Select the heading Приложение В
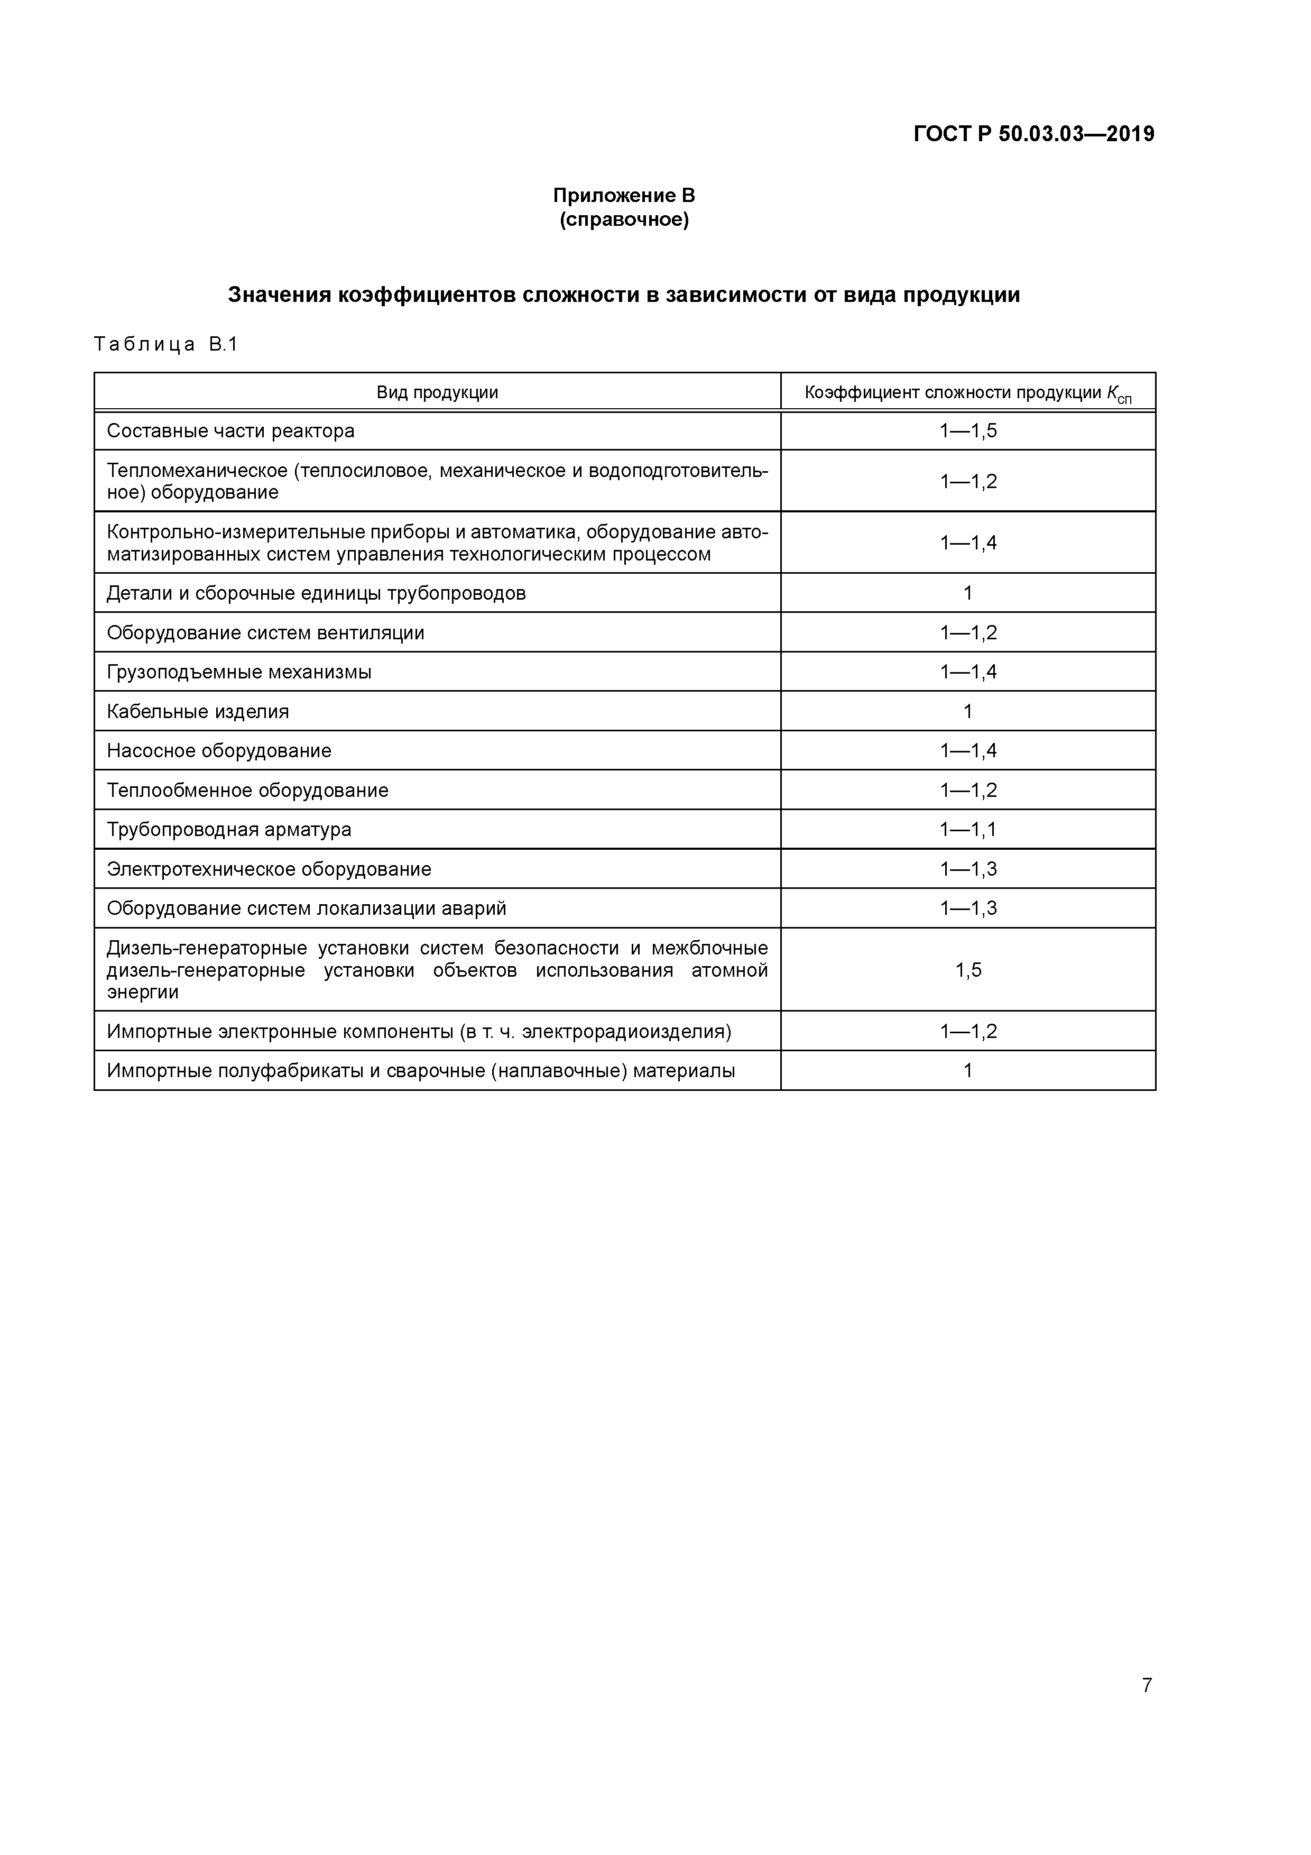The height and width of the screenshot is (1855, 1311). point(624,196)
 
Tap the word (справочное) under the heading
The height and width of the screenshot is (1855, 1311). point(624,220)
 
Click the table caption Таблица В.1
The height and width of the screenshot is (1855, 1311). point(165,344)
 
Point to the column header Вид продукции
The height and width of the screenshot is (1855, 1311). point(437,393)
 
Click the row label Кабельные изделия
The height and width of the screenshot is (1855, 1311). point(198,712)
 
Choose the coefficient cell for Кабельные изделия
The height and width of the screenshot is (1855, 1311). point(968,712)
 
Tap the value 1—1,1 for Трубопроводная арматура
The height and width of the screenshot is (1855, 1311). point(968,830)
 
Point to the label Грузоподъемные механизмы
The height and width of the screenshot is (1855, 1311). point(239,672)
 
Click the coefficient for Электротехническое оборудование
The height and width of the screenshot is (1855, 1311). point(968,869)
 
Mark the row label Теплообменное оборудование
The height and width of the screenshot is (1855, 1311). point(247,790)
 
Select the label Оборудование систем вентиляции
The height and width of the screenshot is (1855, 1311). point(265,632)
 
